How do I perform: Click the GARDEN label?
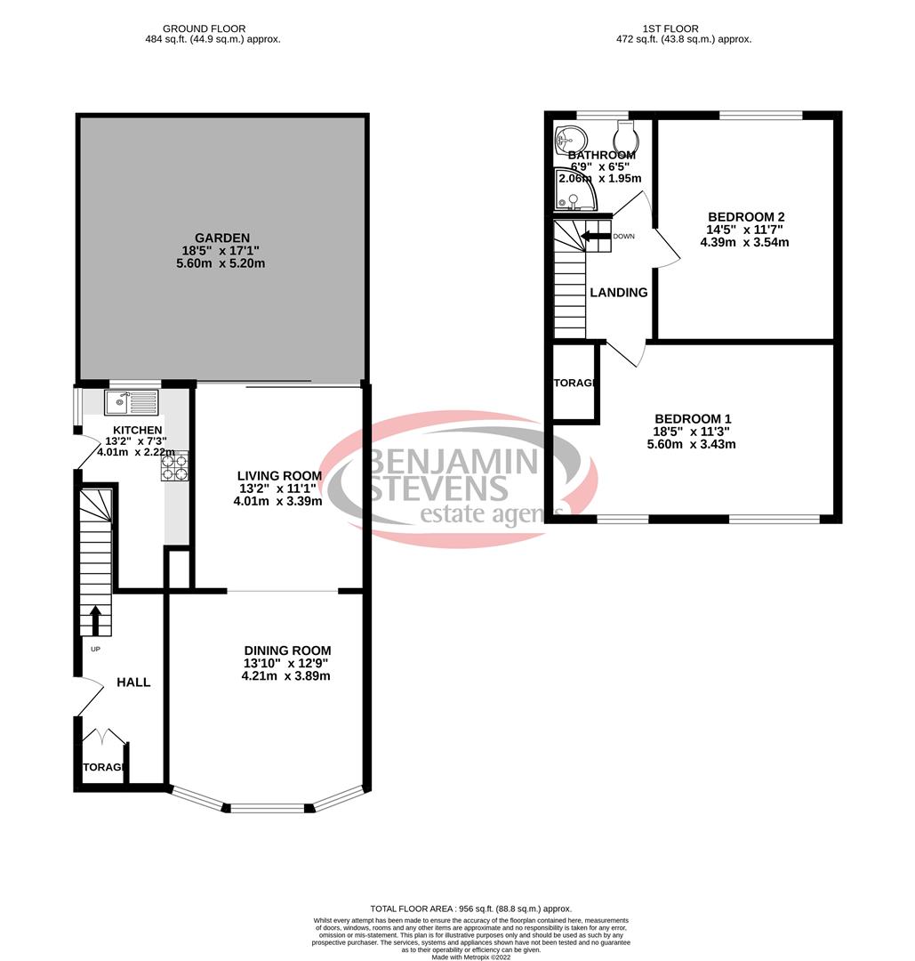(x=218, y=238)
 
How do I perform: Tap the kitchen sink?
(x=131, y=403)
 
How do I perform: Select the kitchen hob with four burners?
(x=174, y=467)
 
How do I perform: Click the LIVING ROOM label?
(x=278, y=476)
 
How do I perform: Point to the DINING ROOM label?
(x=286, y=650)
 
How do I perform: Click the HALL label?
(x=133, y=682)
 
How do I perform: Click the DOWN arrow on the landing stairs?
(x=589, y=236)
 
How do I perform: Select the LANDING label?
(x=619, y=293)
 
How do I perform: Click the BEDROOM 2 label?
(x=745, y=216)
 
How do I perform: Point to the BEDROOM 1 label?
(x=693, y=419)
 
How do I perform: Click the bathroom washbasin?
(x=569, y=139)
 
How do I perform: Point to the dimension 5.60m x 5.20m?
(x=218, y=263)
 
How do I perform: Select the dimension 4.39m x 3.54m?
(x=745, y=242)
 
